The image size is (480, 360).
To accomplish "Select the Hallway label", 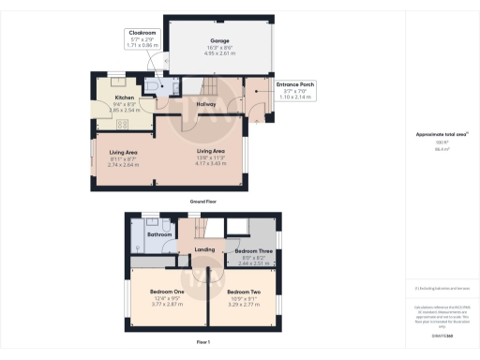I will click(x=207, y=104).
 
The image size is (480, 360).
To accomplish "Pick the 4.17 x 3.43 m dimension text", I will click(x=210, y=164).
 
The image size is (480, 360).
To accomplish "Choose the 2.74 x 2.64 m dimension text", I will click(x=124, y=164).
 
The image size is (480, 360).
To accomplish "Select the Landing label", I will click(x=205, y=249).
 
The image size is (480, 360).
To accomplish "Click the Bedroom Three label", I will click(x=252, y=250).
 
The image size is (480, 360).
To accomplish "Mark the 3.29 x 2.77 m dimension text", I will click(x=243, y=304).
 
